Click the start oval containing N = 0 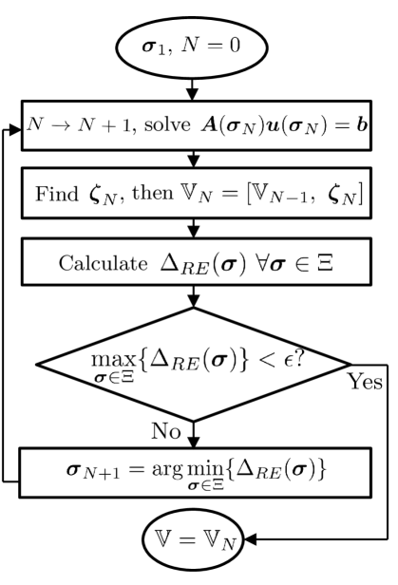point(194,46)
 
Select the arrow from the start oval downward point(194,89)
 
